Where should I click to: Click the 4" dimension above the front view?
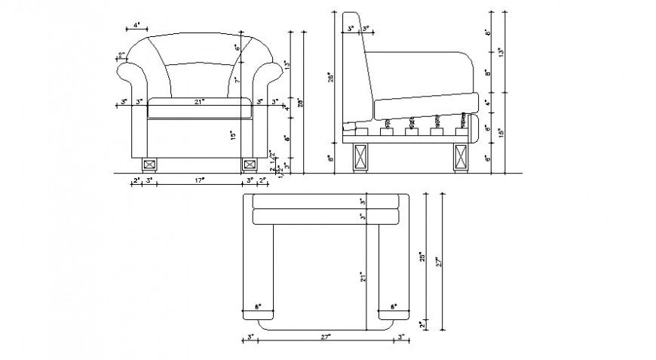[136, 25]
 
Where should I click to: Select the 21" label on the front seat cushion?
[199, 101]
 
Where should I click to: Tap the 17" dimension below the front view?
[199, 180]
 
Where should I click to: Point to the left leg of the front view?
[149, 163]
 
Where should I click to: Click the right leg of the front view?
[249, 163]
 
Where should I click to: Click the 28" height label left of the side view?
[330, 79]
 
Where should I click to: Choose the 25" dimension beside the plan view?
[423, 257]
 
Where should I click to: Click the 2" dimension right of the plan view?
[423, 324]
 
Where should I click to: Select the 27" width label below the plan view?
[325, 337]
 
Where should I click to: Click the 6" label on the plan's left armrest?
[258, 308]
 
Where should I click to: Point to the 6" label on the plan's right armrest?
[393, 308]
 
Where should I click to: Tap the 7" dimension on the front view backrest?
[236, 79]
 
